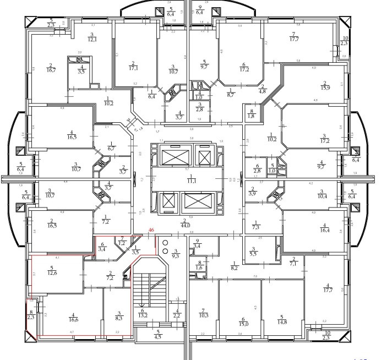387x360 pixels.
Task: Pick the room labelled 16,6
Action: (x=71, y=319)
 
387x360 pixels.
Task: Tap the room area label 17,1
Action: (x=133, y=68)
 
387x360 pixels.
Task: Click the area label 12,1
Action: (x=91, y=40)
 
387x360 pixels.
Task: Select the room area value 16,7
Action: (x=52, y=70)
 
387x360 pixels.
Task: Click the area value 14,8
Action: (x=283, y=321)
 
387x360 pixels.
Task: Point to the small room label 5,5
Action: (x=253, y=253)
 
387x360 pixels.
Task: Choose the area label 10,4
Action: (x=324, y=196)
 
